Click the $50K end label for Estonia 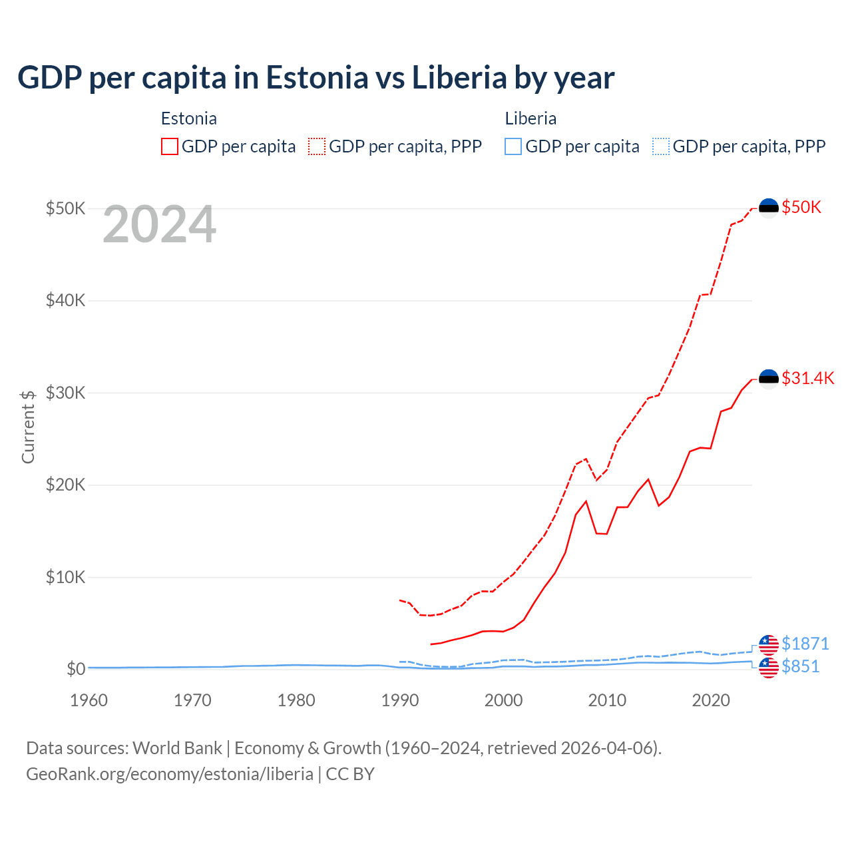click(801, 207)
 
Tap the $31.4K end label click(807, 378)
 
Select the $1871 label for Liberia click(805, 644)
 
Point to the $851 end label click(800, 666)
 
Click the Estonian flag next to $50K click(769, 208)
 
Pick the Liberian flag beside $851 click(769, 667)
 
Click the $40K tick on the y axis click(65, 300)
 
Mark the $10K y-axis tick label click(65, 577)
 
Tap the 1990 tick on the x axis click(400, 700)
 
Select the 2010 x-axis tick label click(607, 700)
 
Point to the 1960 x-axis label click(89, 700)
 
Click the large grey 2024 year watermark click(160, 225)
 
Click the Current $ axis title click(28, 427)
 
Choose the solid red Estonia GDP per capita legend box click(170, 146)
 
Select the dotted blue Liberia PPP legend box click(661, 146)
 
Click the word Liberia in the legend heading click(531, 118)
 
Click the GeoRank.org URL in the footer click(170, 774)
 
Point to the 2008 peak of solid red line click(586, 501)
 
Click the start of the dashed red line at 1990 click(400, 600)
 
